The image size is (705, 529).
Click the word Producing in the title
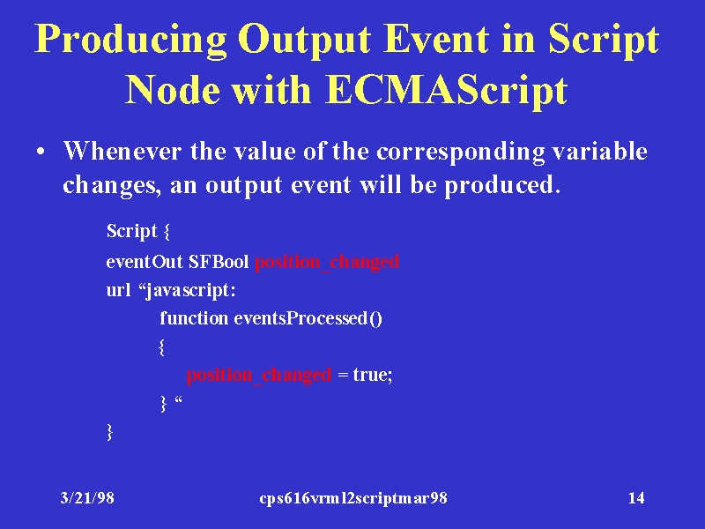[x=130, y=40]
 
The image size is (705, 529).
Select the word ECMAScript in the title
[x=447, y=90]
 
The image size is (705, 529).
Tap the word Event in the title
[x=435, y=38]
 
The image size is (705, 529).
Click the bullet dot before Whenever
[x=41, y=152]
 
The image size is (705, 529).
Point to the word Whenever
[x=122, y=151]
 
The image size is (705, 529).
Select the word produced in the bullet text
[x=502, y=186]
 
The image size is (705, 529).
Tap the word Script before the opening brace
[x=131, y=231]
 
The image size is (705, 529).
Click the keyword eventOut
[x=145, y=261]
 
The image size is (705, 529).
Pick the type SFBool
[x=219, y=261]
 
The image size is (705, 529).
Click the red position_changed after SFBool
[x=327, y=262]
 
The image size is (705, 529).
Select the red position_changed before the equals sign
[x=259, y=375]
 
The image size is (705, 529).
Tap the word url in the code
[x=119, y=290]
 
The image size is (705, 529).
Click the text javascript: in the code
[x=187, y=291]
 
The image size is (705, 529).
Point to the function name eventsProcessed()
[x=308, y=318]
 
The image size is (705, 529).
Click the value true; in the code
[x=373, y=375]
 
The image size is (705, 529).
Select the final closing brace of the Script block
[x=109, y=431]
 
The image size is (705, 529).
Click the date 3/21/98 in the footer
[x=87, y=498]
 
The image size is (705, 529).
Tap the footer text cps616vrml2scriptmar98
[x=353, y=498]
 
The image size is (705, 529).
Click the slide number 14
[x=636, y=498]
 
